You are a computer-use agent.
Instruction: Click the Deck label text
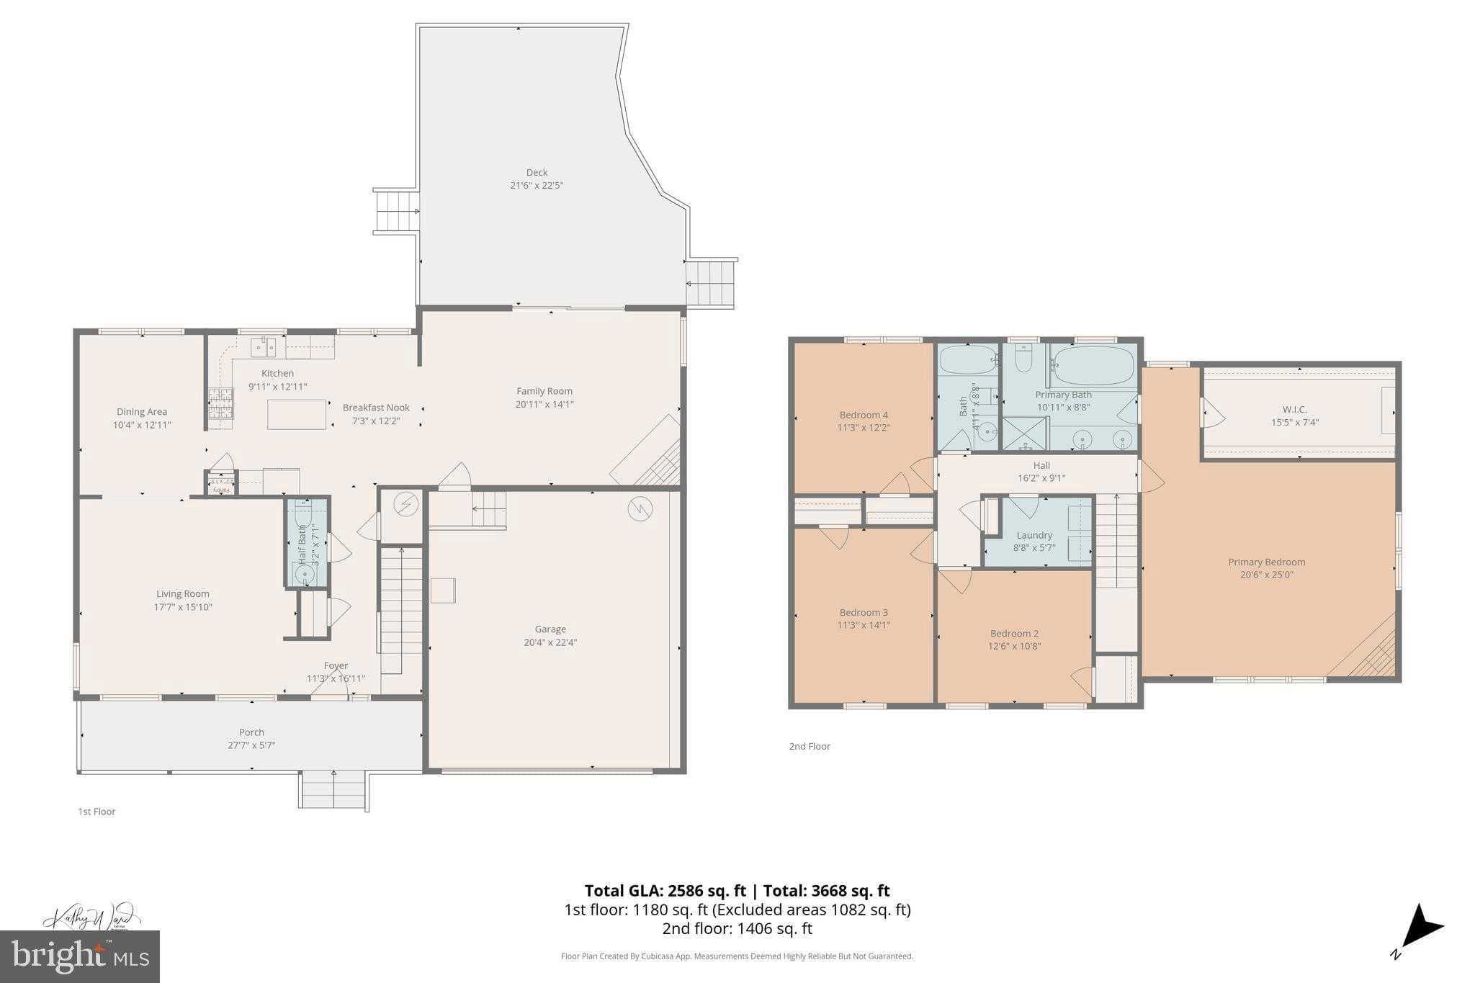[537, 173]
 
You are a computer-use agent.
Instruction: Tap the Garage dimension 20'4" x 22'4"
[550, 642]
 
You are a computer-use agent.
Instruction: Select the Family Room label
[544, 391]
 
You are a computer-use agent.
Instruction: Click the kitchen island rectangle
[297, 414]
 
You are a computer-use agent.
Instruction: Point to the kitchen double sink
[263, 348]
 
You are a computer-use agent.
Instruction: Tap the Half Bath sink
[305, 575]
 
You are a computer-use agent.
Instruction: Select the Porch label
[251, 732]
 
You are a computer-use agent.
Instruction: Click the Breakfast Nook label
[375, 408]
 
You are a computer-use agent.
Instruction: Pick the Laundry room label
[1034, 535]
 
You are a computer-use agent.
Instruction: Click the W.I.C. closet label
[1294, 410]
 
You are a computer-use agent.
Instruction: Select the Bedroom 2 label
[1014, 634]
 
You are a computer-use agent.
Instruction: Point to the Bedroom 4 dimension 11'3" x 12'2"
[864, 427]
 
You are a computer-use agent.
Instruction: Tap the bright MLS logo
[80, 956]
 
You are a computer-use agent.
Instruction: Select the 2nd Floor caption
[810, 746]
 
